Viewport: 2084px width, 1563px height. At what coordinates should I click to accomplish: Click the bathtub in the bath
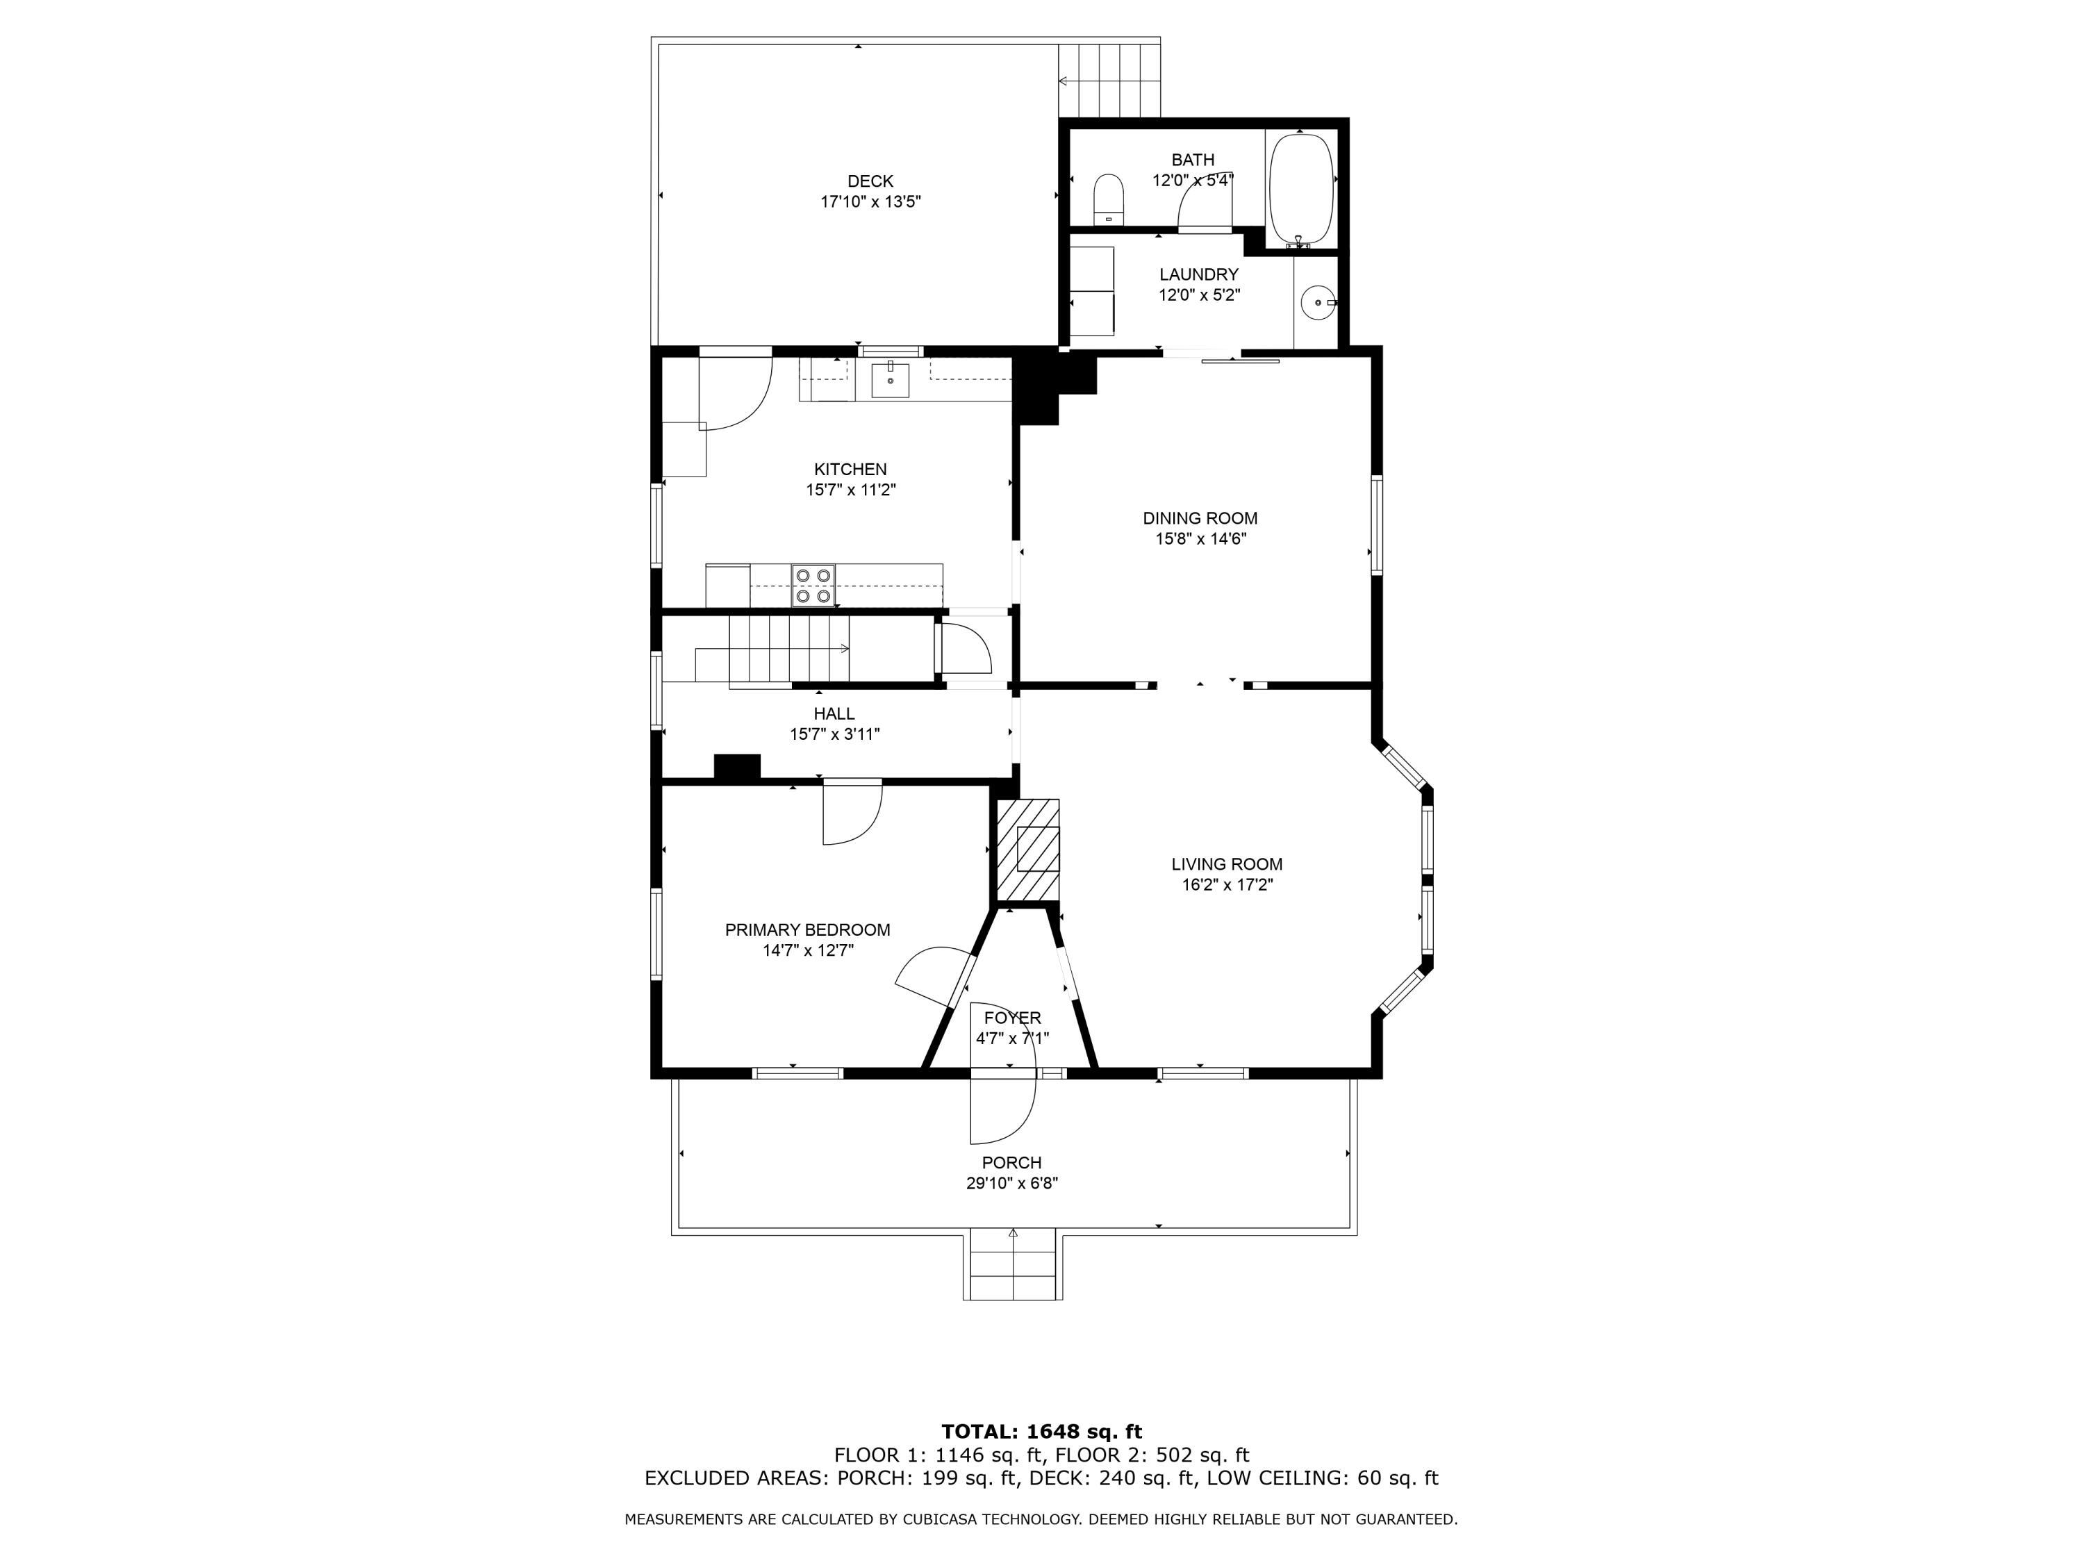point(1301,190)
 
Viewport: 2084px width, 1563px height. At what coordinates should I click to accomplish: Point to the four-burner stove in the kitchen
point(813,585)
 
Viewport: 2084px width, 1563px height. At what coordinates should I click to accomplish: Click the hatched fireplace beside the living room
point(1028,849)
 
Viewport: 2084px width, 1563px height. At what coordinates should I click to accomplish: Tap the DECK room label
point(870,181)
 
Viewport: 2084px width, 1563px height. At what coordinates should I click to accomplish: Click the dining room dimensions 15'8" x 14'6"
point(1201,539)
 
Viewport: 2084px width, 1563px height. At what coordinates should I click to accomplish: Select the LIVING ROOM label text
point(1227,864)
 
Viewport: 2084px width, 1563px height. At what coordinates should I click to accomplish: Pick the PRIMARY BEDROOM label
point(807,930)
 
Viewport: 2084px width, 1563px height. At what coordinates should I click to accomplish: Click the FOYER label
point(1013,1018)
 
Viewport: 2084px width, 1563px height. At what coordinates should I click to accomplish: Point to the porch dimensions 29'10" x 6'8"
point(1012,1183)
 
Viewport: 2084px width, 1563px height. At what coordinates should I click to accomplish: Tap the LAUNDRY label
point(1198,274)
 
